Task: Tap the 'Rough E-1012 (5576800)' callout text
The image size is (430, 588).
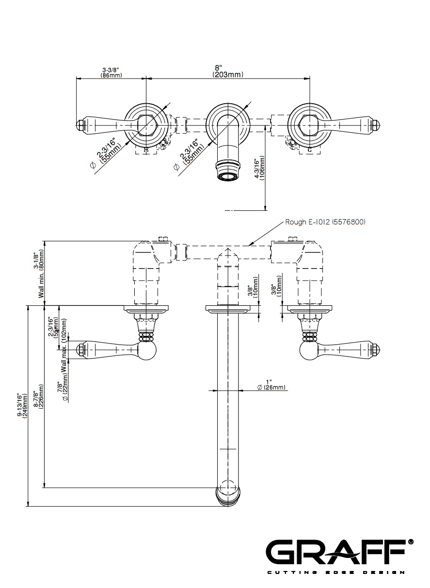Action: [x=325, y=222]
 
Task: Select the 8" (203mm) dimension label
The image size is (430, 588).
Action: [x=227, y=71]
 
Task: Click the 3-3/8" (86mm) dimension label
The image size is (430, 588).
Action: [x=111, y=73]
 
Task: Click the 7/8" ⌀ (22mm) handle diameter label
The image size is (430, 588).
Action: [x=62, y=392]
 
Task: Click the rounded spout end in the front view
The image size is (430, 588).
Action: [x=227, y=494]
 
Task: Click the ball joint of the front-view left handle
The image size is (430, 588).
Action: [x=146, y=350]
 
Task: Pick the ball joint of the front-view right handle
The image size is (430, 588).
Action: [x=309, y=350]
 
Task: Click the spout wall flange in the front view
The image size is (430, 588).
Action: [x=227, y=309]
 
